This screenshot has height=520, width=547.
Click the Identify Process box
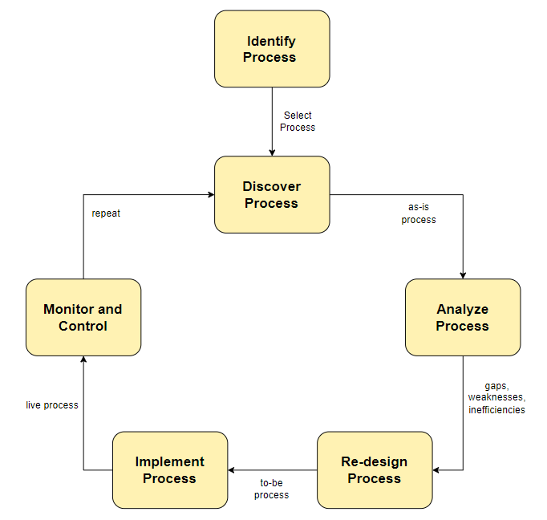(271, 49)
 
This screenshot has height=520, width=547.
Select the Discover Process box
(271, 194)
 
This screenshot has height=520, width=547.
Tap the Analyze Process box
(462, 317)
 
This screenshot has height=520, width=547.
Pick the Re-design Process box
(374, 469)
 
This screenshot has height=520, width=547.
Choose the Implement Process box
(169, 469)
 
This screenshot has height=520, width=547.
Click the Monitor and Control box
(83, 317)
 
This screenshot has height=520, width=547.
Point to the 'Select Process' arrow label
(298, 121)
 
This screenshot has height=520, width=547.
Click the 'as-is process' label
(418, 213)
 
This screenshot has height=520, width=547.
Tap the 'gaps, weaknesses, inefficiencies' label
(496, 398)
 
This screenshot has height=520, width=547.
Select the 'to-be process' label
(271, 489)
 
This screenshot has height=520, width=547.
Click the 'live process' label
(52, 405)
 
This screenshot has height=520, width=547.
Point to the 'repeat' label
(106, 213)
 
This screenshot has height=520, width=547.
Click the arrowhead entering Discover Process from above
(272, 152)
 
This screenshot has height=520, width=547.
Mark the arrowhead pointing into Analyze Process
(463, 274)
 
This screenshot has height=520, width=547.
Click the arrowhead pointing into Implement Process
(232, 470)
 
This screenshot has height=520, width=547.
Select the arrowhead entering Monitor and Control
(83, 360)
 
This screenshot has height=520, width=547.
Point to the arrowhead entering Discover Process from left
(210, 194)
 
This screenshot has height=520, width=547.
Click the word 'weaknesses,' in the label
(496, 398)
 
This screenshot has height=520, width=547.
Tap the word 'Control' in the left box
(83, 326)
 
